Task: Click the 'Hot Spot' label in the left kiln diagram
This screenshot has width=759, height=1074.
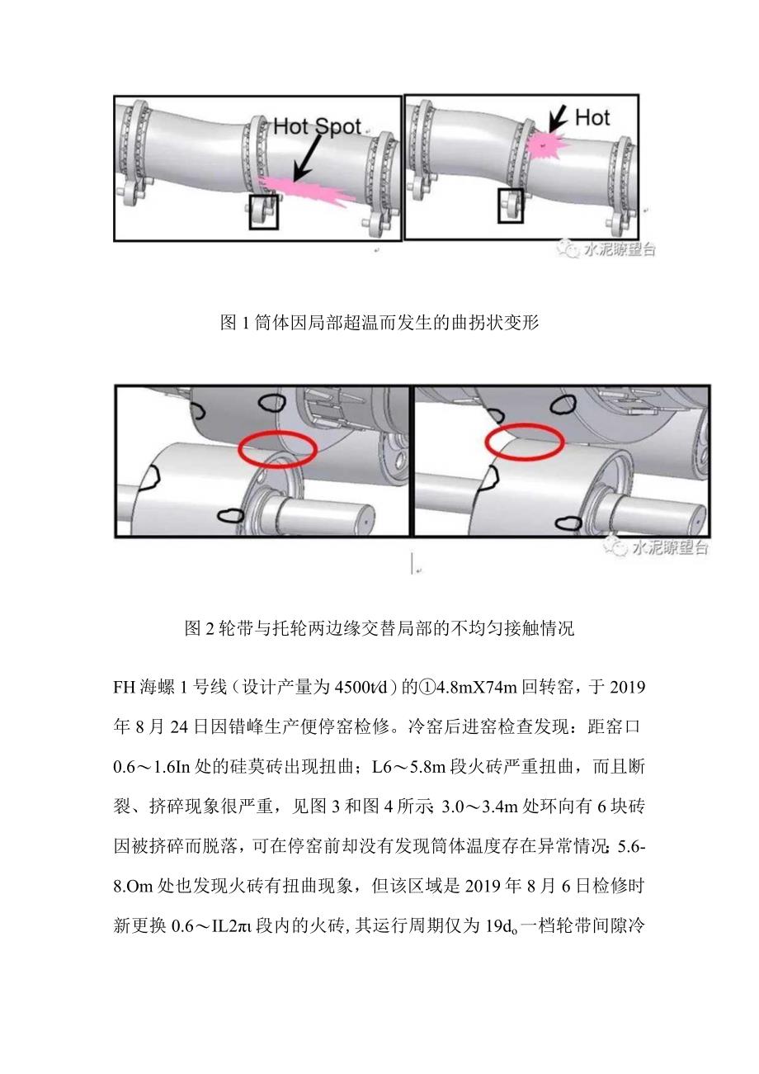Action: coord(317,126)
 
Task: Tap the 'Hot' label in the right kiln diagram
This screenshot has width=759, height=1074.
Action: coord(592,117)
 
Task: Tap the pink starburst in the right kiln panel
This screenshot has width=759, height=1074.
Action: coord(543,144)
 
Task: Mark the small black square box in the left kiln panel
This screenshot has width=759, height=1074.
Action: coord(264,212)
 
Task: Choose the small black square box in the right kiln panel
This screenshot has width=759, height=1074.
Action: coord(511,205)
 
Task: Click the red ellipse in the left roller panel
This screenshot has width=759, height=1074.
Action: coord(277,449)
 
